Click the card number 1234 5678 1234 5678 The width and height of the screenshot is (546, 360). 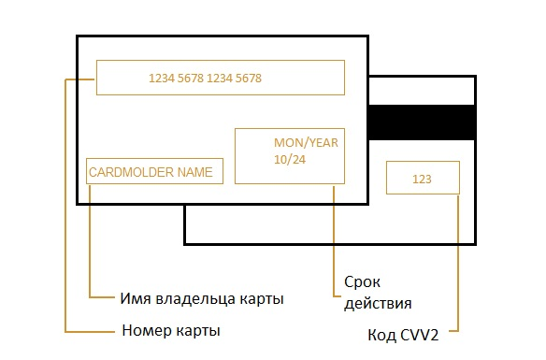coord(205,79)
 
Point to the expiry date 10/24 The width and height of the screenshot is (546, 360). coord(289,160)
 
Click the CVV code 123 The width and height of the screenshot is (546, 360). coord(423,178)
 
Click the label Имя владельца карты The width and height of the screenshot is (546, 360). coord(202,299)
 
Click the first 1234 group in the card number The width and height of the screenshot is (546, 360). coord(162,79)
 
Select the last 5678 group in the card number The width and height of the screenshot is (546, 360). coord(248,79)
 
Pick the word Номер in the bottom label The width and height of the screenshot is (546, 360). coord(145,331)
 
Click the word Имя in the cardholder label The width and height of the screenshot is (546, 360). coord(136,299)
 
